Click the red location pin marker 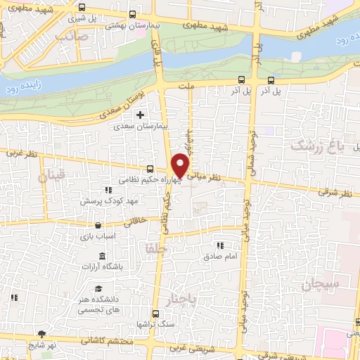[181, 165]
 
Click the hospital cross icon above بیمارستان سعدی [140, 115]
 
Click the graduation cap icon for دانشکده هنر [99, 289]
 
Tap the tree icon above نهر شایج [43, 333]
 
